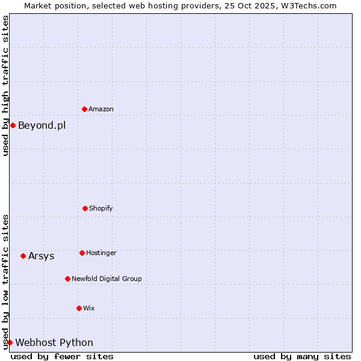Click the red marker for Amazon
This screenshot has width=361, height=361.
click(x=85, y=109)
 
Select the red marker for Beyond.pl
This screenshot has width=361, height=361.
click(x=13, y=125)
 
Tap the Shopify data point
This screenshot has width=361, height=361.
click(x=85, y=208)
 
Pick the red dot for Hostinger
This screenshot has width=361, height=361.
click(x=82, y=253)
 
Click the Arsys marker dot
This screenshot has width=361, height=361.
click(x=23, y=256)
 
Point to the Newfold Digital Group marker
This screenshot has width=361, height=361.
click(x=67, y=279)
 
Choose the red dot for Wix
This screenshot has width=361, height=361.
click(x=79, y=308)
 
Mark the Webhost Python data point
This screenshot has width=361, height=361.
click(x=10, y=342)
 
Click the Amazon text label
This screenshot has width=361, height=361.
click(x=101, y=109)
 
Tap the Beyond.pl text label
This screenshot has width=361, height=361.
click(x=42, y=125)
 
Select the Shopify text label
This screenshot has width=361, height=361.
click(x=101, y=208)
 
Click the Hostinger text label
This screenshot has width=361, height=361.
click(x=101, y=253)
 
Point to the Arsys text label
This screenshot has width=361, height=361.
click(x=41, y=256)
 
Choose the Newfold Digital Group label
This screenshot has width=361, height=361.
click(x=106, y=279)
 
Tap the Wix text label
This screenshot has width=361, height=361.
click(x=89, y=308)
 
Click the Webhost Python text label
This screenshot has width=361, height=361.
click(x=54, y=342)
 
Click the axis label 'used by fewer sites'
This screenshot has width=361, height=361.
click(x=62, y=356)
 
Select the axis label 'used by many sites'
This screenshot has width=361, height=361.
click(x=302, y=356)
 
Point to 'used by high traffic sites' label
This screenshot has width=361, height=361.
click(x=5, y=85)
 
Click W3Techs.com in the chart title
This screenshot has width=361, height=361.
click(x=307, y=5)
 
